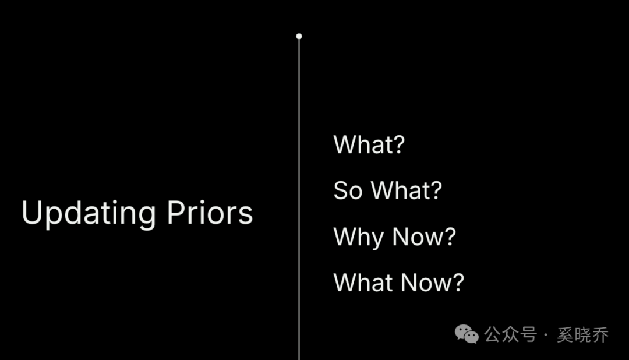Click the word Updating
coord(89,214)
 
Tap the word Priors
coord(210,212)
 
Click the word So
coord(348,190)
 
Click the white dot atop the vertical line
coord(299,36)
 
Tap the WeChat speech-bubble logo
coord(467,334)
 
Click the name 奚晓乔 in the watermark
coord(583,335)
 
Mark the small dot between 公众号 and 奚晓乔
coord(546,334)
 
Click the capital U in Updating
coord(31,212)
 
